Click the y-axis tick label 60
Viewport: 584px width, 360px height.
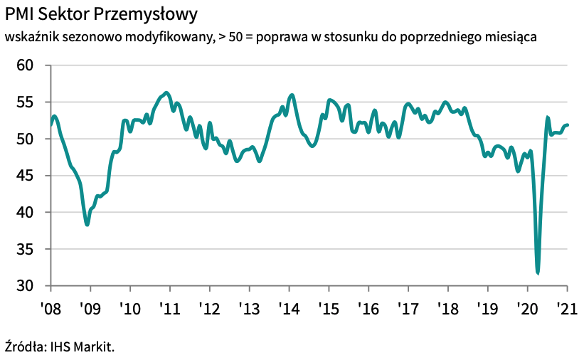(x=25, y=65)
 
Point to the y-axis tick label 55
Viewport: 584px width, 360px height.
(x=25, y=102)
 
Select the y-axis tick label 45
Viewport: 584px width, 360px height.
(x=25, y=176)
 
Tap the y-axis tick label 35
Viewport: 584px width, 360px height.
(x=25, y=249)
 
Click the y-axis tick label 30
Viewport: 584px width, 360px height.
(x=25, y=286)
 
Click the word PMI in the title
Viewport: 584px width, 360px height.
(x=20, y=14)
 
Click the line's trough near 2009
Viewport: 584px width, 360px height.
(x=87, y=225)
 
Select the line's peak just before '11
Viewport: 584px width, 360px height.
(x=166, y=92)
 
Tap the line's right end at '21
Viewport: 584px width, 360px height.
(x=568, y=125)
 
